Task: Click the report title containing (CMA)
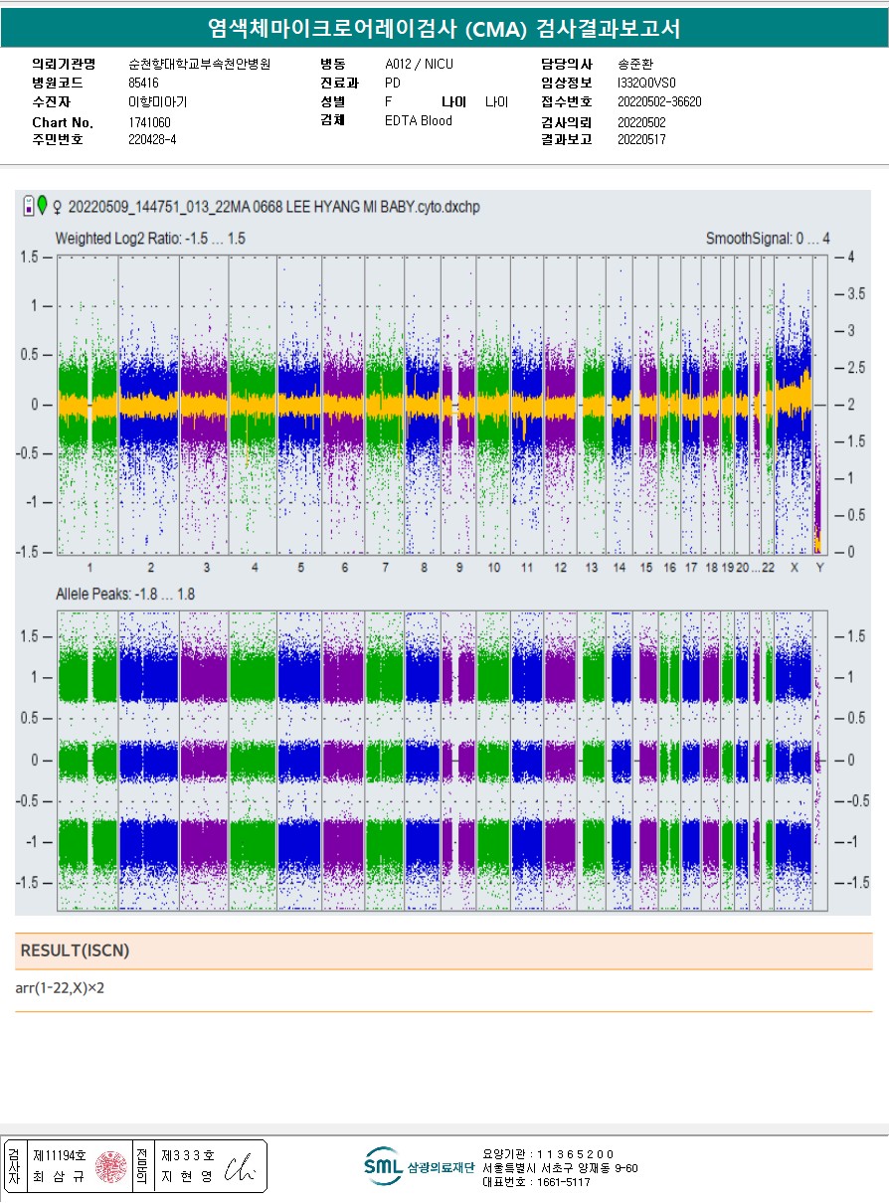[444, 28]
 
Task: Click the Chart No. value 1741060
[150, 122]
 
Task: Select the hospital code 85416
[144, 83]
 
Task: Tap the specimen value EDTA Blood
[419, 121]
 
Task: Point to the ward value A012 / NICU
[419, 64]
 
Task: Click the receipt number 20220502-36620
[659, 101]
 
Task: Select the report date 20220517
[641, 140]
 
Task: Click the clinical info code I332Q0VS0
[646, 83]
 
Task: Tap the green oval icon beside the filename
[43, 206]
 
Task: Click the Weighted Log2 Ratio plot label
[150, 239]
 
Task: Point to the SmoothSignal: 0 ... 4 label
[767, 239]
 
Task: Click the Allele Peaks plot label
[125, 595]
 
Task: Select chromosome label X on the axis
[794, 567]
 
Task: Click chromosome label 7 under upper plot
[384, 567]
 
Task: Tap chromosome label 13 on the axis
[592, 567]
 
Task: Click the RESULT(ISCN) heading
[75, 950]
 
